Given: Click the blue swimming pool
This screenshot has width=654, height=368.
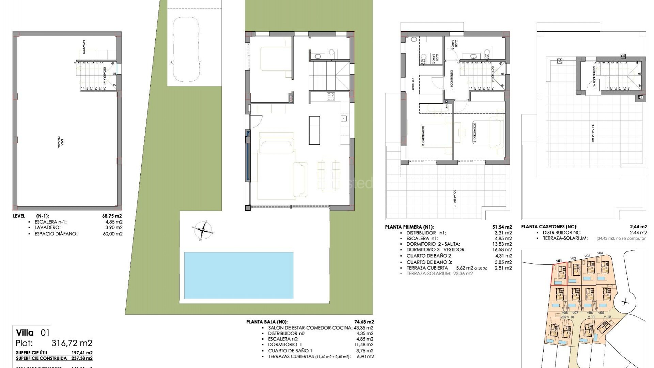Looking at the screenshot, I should tap(238, 275).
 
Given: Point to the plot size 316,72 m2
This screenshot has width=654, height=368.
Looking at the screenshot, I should tap(72, 343).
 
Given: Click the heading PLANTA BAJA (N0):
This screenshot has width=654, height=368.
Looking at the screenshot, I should tap(267, 322).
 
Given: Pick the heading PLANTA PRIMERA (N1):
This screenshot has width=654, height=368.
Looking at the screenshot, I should tap(409, 227).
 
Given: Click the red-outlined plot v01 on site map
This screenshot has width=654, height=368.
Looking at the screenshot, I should tap(560, 274).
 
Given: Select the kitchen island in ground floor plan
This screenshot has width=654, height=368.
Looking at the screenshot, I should tap(314, 130).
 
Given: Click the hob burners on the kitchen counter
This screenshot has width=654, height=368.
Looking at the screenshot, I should tap(331, 97).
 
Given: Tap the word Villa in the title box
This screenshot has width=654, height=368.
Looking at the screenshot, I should tap(25, 333).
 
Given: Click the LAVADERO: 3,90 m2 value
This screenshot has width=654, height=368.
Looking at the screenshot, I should tap(115, 228).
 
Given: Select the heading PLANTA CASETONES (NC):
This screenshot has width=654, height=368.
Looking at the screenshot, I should tap(549, 227).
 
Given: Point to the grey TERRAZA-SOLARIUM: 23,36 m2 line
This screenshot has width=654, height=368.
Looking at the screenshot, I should tap(439, 273).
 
